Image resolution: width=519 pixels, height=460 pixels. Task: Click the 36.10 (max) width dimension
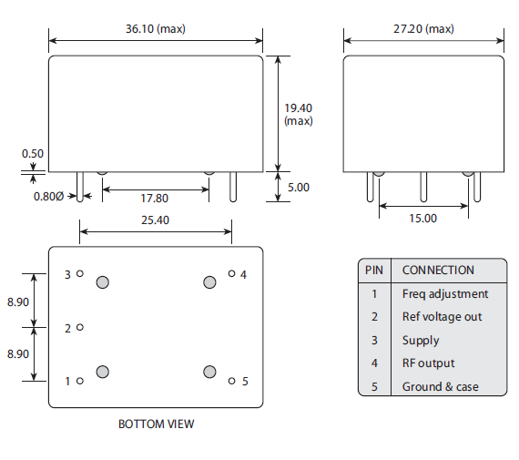click(157, 28)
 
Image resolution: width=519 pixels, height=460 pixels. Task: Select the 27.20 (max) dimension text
click(424, 28)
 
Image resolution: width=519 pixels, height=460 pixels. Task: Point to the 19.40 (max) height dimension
click(298, 114)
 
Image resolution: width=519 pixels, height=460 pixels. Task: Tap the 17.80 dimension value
click(156, 198)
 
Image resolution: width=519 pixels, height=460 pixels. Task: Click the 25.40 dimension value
click(154, 220)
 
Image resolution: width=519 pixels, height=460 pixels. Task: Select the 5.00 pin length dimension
click(299, 187)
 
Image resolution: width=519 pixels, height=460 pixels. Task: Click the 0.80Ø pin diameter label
click(48, 196)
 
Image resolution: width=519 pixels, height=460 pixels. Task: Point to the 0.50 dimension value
click(33, 154)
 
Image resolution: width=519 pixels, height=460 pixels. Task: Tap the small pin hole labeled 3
click(80, 273)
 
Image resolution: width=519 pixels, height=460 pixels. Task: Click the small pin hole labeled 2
click(80, 327)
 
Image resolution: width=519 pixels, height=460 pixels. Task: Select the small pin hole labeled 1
click(80, 381)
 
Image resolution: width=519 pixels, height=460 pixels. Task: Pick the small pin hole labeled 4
click(231, 273)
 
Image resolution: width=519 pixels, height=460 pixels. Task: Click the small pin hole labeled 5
click(231, 381)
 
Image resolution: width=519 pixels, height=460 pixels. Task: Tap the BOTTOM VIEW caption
click(156, 424)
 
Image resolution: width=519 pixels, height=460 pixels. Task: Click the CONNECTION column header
click(438, 270)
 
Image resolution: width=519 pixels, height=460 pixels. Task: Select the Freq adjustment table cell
click(444, 293)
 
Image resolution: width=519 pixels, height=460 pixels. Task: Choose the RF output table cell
click(428, 363)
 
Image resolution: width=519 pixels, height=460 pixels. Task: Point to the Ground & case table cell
click(440, 386)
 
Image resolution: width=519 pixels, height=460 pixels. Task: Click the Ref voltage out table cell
click(442, 317)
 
